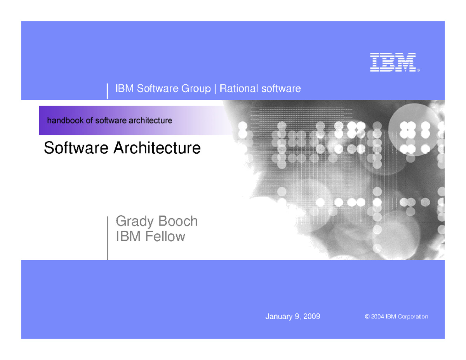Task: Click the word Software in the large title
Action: [77, 148]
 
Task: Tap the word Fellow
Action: [165, 236]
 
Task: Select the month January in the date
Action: [279, 317]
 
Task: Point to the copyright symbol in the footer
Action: [367, 317]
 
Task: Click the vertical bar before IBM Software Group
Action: [108, 90]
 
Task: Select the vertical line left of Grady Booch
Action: [108, 238]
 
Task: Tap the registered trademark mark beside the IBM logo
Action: [418, 71]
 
